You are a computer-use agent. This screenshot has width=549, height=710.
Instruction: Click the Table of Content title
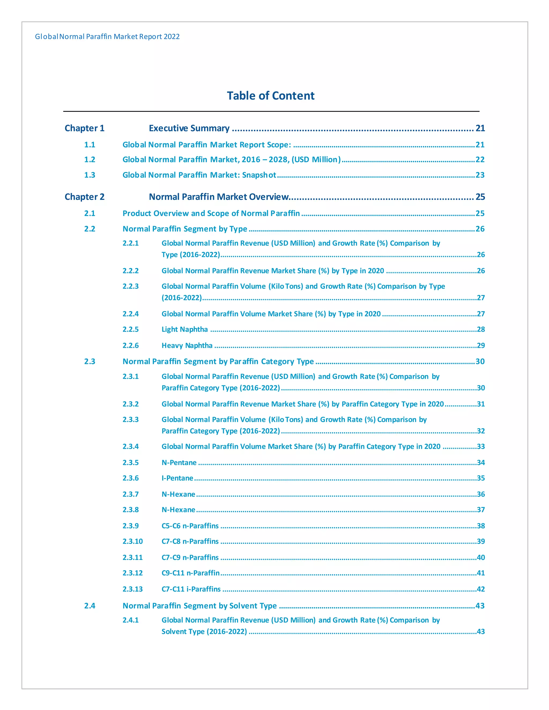(x=270, y=96)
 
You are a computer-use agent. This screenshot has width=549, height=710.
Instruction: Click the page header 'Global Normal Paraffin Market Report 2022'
(x=107, y=36)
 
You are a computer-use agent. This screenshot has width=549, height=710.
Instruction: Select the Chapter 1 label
(x=84, y=128)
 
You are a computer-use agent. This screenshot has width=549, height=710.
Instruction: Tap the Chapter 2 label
(x=84, y=197)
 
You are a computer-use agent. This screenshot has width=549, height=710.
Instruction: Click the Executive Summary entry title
(x=189, y=128)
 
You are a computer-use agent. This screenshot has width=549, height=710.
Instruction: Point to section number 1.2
(x=90, y=160)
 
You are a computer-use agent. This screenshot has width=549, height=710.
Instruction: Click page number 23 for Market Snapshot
(x=480, y=175)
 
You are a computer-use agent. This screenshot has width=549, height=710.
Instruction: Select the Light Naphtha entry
(x=185, y=329)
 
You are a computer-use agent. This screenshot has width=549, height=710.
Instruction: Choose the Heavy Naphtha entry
(x=187, y=345)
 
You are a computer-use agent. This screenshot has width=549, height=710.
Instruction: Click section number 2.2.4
(x=131, y=314)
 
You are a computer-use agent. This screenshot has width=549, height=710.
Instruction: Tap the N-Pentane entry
(x=179, y=463)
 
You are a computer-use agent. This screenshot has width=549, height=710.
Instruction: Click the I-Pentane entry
(x=177, y=478)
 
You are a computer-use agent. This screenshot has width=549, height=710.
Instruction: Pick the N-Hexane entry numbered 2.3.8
(x=178, y=510)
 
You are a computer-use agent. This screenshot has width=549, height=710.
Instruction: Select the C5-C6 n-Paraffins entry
(x=190, y=526)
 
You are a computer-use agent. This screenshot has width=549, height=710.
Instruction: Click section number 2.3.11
(x=132, y=557)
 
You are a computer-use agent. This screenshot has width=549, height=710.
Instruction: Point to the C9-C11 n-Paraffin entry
(x=191, y=573)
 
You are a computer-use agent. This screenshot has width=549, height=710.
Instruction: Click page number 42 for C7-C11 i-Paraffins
(x=481, y=589)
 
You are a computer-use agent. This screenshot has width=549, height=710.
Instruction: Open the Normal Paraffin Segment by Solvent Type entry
(x=200, y=606)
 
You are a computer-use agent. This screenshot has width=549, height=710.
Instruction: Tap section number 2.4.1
(x=131, y=620)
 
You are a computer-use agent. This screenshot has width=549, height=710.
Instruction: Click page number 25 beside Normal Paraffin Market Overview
(x=480, y=197)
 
